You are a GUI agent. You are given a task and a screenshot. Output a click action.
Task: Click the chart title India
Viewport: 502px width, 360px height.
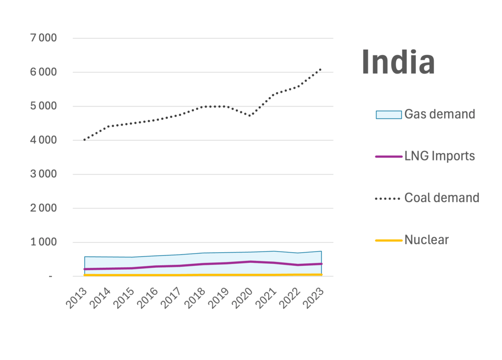pyautogui.click(x=398, y=62)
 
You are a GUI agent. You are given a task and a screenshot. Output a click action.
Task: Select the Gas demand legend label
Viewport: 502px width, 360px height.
pyautogui.click(x=440, y=114)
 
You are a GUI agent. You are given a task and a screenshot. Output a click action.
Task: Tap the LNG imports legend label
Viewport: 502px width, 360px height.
pyautogui.click(x=440, y=156)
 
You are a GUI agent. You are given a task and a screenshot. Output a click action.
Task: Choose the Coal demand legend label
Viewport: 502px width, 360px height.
pyautogui.click(x=442, y=198)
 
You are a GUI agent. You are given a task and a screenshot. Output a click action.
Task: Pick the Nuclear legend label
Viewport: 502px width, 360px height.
pyautogui.click(x=426, y=240)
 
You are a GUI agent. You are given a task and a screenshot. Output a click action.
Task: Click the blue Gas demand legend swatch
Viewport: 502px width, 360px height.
pyautogui.click(x=388, y=115)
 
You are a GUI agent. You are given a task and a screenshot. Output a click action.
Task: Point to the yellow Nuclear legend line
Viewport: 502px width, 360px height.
pyautogui.click(x=388, y=240)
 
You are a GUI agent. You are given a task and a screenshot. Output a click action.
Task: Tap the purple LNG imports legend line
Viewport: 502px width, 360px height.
pyautogui.click(x=388, y=156)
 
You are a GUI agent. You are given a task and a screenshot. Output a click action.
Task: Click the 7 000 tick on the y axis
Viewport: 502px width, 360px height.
pyautogui.click(x=44, y=38)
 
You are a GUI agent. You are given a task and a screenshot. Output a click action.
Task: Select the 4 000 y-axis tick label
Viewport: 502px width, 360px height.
pyautogui.click(x=44, y=140)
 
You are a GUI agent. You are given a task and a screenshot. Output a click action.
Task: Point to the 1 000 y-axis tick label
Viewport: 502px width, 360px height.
pyautogui.click(x=44, y=242)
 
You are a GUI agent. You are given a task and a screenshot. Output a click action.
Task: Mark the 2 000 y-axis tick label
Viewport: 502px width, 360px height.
pyautogui.click(x=44, y=208)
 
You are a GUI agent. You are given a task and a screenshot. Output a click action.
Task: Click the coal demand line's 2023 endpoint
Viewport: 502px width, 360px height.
pyautogui.click(x=321, y=69)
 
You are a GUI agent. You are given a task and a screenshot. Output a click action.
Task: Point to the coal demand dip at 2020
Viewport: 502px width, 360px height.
pyautogui.click(x=250, y=116)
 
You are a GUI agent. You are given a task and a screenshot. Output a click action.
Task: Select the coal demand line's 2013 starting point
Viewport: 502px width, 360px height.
pyautogui.click(x=84, y=140)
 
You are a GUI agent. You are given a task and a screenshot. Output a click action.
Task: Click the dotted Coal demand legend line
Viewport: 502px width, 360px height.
pyautogui.click(x=388, y=199)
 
